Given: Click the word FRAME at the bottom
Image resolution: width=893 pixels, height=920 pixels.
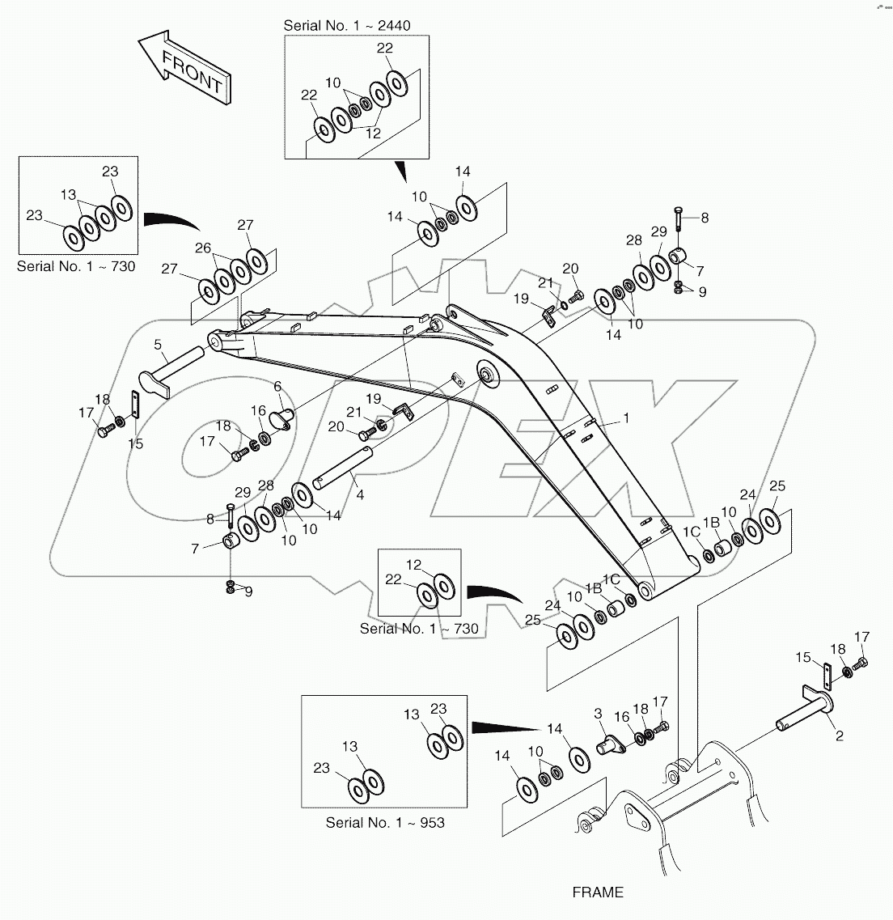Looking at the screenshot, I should tap(598, 892).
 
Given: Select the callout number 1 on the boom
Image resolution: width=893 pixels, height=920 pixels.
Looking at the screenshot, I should tap(624, 418).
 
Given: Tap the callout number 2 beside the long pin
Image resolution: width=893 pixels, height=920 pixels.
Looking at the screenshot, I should tap(839, 736).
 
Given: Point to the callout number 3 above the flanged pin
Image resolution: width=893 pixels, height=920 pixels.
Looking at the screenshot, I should tap(598, 713).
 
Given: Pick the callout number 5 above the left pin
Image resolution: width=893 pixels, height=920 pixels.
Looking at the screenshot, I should tap(158, 344).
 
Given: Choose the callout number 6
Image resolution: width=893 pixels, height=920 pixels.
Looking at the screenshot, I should tap(277, 386).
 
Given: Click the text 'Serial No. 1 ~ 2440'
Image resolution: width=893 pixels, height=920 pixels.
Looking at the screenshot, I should tap(346, 26).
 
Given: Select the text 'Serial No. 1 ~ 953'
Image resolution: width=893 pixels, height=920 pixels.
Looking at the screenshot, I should tap(385, 822).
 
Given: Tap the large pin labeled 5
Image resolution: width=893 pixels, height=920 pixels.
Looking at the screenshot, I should tap(178, 369).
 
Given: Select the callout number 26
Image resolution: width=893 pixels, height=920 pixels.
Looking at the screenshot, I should tap(202, 248).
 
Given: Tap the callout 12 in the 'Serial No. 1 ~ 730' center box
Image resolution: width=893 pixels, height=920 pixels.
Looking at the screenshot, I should tap(413, 564).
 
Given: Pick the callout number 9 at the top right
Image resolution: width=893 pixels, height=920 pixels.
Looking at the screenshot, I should tap(702, 292).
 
